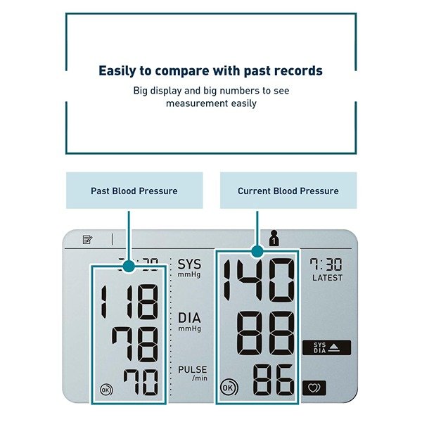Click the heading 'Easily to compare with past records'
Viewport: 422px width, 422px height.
pyautogui.click(x=210, y=71)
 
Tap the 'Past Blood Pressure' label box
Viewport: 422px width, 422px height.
pyautogui.click(x=134, y=191)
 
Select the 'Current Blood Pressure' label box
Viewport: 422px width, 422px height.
pyautogui.click(x=288, y=191)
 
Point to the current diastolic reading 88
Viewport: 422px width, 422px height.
pyautogui.click(x=264, y=333)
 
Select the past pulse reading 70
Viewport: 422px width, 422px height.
pyautogui.click(x=141, y=383)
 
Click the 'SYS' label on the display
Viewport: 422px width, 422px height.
pyautogui.click(x=189, y=265)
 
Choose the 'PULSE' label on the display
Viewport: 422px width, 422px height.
pyautogui.click(x=192, y=369)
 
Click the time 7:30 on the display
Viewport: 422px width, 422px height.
pyautogui.click(x=326, y=264)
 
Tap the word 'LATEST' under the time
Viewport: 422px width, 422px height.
pyautogui.click(x=327, y=278)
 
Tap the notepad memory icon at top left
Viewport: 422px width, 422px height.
pyautogui.click(x=88, y=239)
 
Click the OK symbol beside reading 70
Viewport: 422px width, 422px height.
pyautogui.click(x=105, y=389)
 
